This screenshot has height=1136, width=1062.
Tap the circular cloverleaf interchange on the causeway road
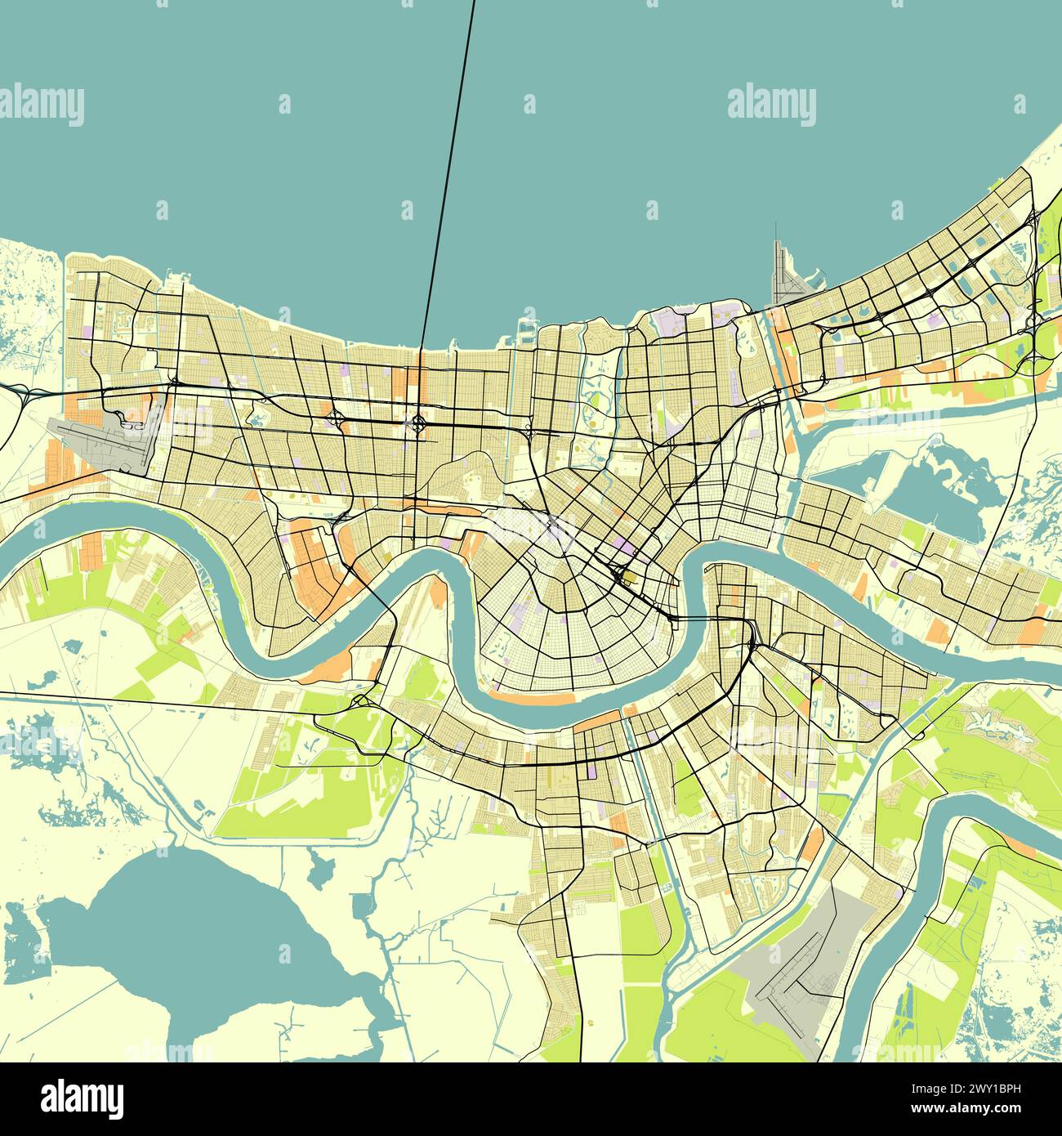point(418,423)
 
